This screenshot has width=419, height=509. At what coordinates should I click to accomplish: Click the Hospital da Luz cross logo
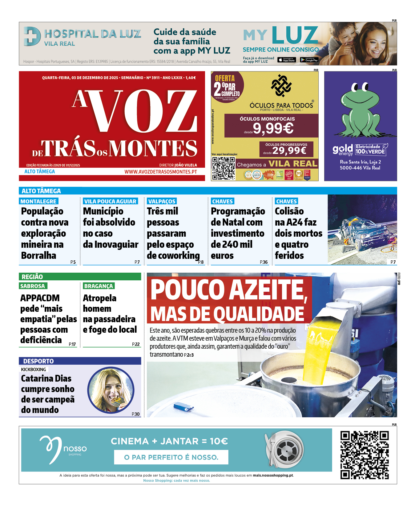(32, 36)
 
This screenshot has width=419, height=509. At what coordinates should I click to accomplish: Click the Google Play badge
(309, 60)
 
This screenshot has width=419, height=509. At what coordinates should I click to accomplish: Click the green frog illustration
(361, 111)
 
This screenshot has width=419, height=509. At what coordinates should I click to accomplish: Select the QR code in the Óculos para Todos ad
(223, 168)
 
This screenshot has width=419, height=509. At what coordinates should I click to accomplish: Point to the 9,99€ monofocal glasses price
(273, 128)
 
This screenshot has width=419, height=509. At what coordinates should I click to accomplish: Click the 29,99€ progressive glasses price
(289, 150)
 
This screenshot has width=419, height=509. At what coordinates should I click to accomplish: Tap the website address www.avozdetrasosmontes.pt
(160, 172)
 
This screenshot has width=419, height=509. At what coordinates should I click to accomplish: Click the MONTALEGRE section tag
(38, 201)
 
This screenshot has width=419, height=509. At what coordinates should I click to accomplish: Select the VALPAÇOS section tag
(162, 201)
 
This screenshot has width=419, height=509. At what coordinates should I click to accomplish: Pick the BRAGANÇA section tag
(99, 286)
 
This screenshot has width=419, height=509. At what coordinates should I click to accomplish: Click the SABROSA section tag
(33, 286)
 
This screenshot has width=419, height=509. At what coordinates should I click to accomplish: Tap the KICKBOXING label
(34, 369)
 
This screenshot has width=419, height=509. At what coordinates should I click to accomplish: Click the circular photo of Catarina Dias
(111, 390)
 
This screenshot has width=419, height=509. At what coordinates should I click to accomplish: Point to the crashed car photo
(362, 230)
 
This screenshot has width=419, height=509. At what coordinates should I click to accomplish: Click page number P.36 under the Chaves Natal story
(264, 262)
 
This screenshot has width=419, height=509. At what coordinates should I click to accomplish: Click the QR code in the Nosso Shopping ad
(365, 455)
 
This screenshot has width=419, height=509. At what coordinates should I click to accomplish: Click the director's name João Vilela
(186, 165)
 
